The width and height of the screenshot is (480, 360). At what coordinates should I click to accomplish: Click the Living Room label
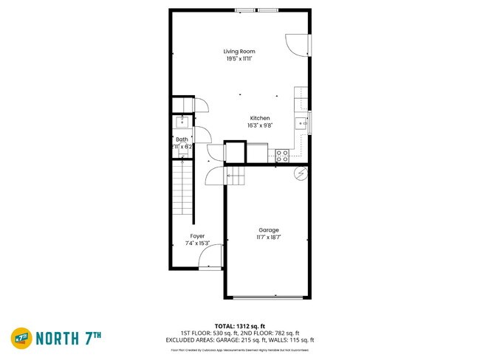tap(239, 51)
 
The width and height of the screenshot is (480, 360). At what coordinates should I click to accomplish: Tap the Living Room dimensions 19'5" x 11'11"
tap(239, 58)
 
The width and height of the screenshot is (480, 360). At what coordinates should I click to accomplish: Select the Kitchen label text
tap(259, 118)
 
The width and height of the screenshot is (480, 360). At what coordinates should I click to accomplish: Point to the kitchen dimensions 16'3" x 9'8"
tap(259, 125)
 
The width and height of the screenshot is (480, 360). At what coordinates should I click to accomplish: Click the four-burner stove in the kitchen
tap(281, 155)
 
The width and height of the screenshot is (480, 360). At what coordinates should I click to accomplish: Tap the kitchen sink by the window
tap(301, 122)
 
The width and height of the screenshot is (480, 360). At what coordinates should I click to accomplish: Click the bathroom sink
tap(181, 122)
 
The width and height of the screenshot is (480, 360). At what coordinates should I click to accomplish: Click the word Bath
tap(182, 139)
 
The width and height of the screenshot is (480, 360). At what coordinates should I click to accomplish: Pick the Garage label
tap(268, 230)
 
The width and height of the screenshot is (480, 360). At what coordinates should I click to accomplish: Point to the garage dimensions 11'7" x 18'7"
tap(268, 238)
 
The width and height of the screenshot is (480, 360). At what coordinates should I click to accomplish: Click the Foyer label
tap(197, 236)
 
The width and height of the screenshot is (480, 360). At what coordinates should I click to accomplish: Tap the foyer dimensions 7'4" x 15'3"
tap(197, 243)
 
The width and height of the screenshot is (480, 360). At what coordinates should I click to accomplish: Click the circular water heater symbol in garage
tap(300, 173)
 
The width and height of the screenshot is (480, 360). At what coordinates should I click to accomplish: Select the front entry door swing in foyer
tap(210, 257)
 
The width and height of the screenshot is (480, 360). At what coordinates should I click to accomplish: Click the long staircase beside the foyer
tap(182, 193)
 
